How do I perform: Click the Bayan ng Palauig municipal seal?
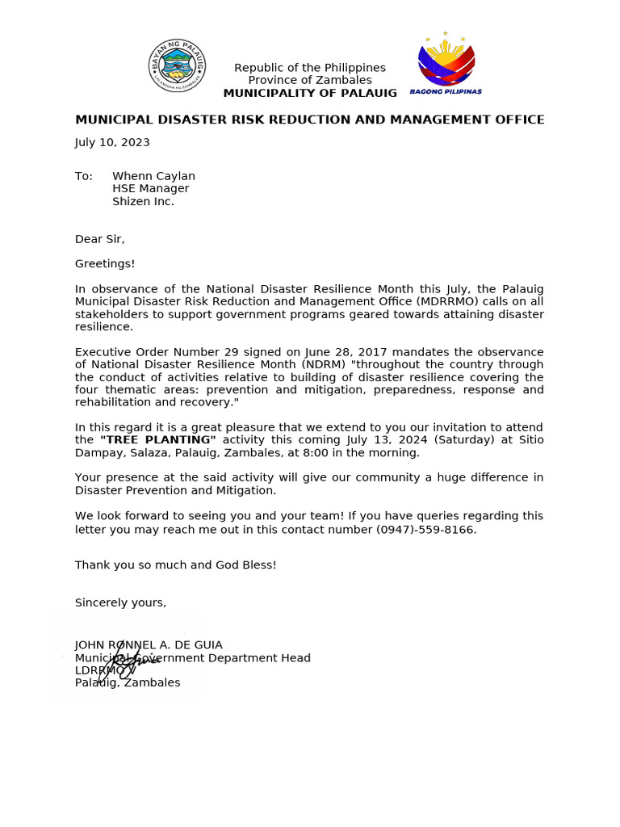pyautogui.click(x=177, y=65)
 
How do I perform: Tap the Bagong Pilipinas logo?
pyautogui.click(x=446, y=65)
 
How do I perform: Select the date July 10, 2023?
pyautogui.click(x=112, y=142)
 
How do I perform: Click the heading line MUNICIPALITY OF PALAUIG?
pyautogui.click(x=310, y=93)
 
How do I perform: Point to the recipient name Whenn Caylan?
pyautogui.click(x=153, y=176)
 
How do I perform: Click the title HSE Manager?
pyautogui.click(x=150, y=188)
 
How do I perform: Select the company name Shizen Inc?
pyautogui.click(x=143, y=201)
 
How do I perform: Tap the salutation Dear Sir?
pyautogui.click(x=100, y=239)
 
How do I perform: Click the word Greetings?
pyautogui.click(x=105, y=263)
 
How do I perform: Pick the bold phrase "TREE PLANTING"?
pyautogui.click(x=157, y=439)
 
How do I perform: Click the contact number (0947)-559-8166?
pyautogui.click(x=426, y=530)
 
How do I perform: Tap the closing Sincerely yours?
pyautogui.click(x=120, y=602)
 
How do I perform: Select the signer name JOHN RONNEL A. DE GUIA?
pyautogui.click(x=149, y=644)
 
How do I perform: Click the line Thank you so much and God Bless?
pyautogui.click(x=175, y=565)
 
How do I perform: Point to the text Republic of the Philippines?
pyautogui.click(x=310, y=68)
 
